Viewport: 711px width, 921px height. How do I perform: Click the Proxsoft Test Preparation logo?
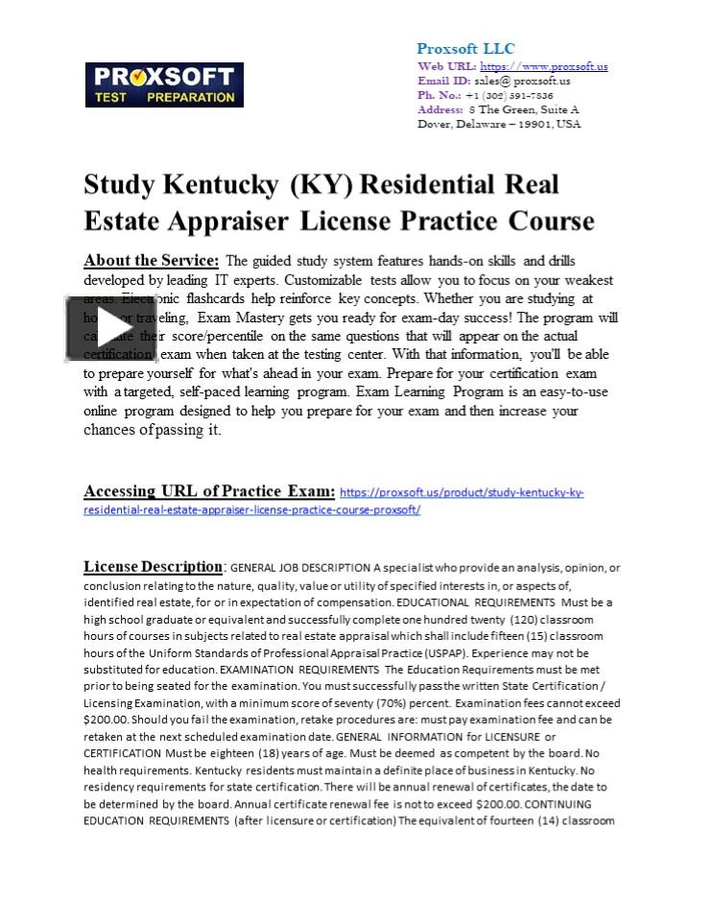pos(165,84)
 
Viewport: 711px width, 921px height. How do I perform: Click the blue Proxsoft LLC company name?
pos(465,48)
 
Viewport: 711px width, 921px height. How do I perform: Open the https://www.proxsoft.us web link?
pos(543,66)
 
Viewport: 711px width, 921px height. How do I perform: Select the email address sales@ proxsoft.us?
pos(522,81)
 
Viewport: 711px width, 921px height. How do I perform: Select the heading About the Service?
pos(152,260)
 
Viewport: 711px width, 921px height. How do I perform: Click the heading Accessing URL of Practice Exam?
pos(209,491)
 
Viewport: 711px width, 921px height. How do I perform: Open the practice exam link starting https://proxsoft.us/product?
pos(462,492)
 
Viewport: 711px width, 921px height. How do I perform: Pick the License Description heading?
pos(154,566)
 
